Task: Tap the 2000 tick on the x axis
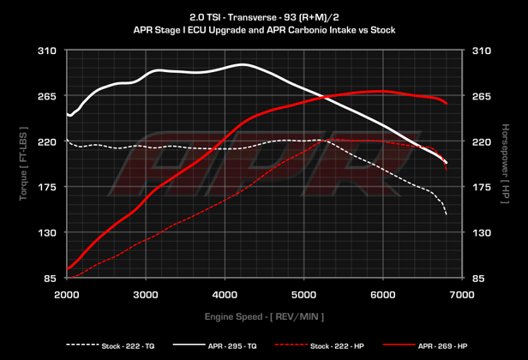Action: (67, 295)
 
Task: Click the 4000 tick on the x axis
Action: (225, 295)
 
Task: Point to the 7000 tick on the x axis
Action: (462, 295)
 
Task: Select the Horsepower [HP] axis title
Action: (507, 165)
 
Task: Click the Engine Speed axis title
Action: (264, 316)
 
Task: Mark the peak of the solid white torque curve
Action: (243, 64)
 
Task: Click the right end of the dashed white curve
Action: (447, 214)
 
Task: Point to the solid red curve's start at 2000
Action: (68, 269)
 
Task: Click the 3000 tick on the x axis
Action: (146, 295)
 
